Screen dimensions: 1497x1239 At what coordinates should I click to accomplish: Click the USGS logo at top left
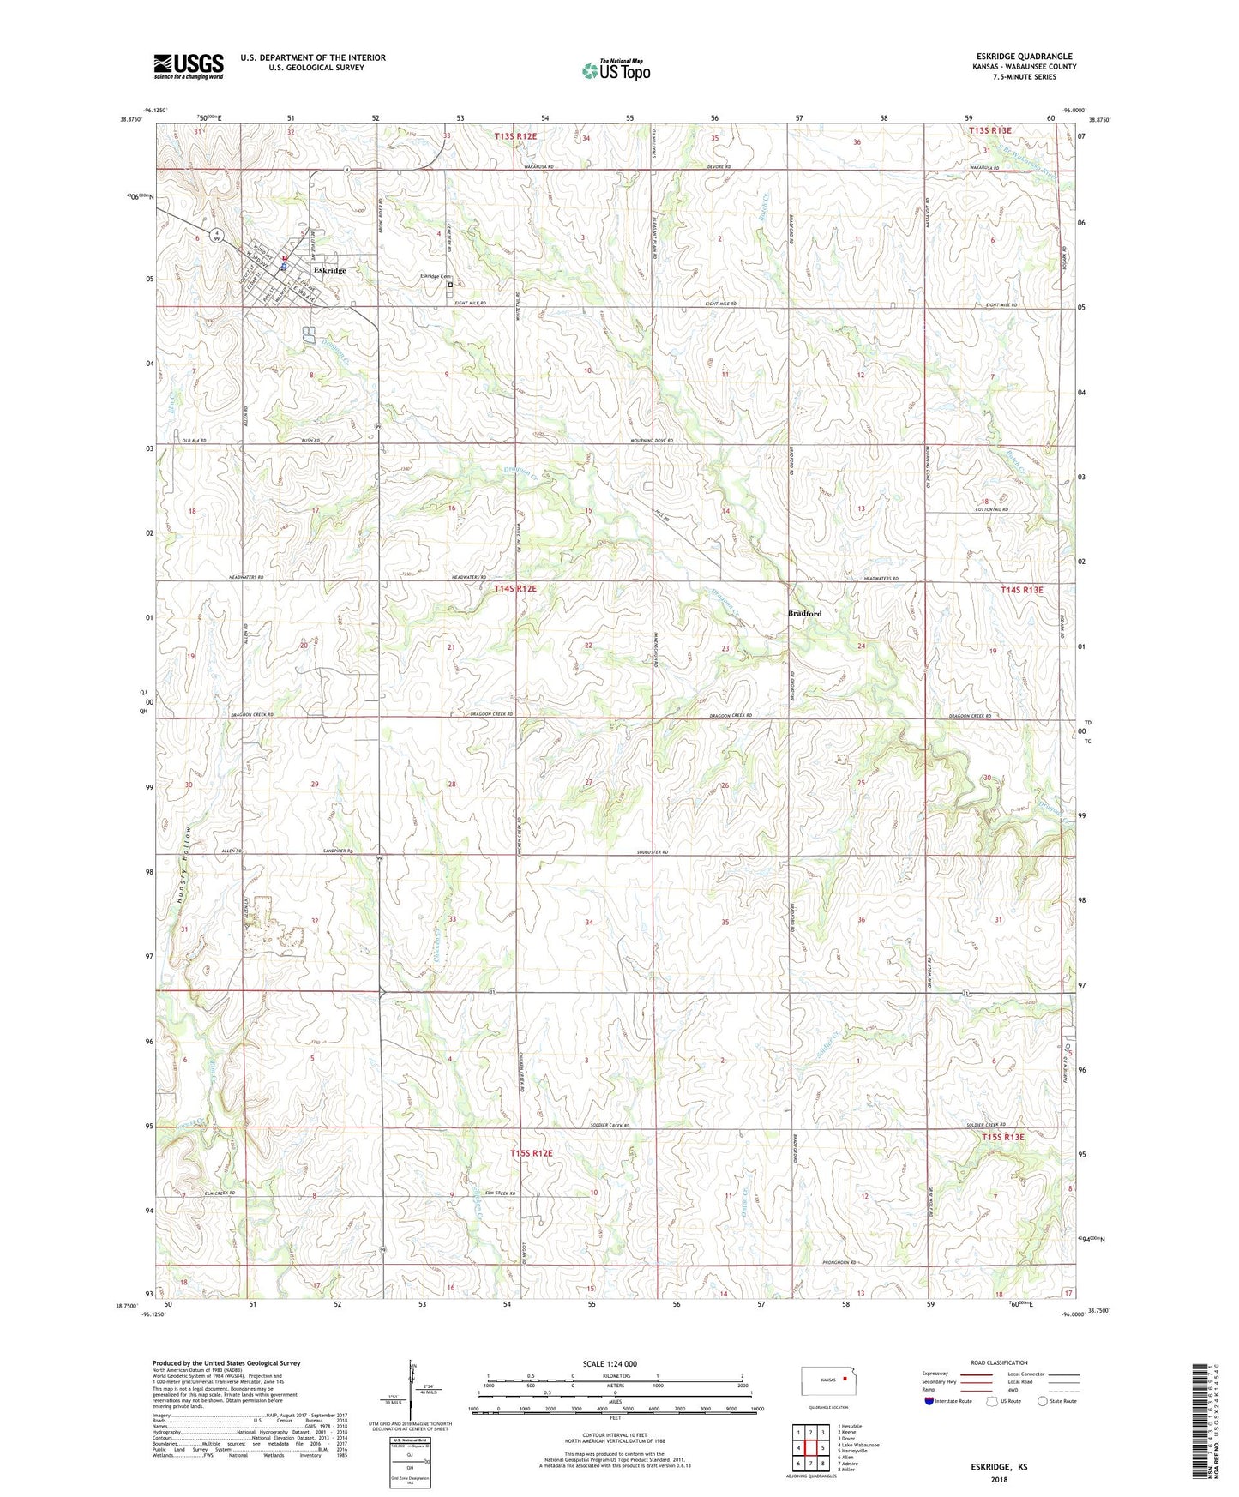point(188,66)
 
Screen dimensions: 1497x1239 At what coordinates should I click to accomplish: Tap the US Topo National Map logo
point(616,70)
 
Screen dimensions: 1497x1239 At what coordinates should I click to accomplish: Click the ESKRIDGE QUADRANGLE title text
point(1024,57)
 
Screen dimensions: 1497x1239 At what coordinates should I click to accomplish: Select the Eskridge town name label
point(330,270)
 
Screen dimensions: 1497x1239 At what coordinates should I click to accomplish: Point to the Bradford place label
point(804,613)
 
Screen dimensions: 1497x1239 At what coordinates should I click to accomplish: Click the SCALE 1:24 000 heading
point(609,1364)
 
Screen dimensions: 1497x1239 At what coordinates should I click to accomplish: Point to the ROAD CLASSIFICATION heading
point(998,1362)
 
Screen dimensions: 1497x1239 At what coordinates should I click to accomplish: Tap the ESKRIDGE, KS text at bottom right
point(999,1467)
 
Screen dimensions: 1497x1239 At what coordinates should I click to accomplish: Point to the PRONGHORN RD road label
point(839,1263)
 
